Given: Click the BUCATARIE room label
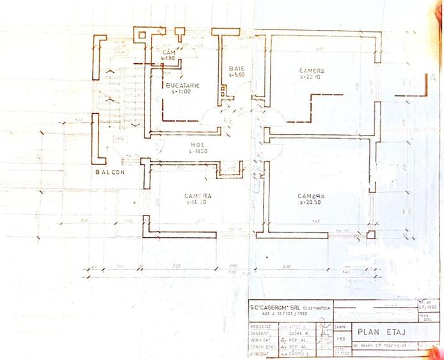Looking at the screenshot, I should tap(178, 84).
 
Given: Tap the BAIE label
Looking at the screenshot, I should tap(237, 68).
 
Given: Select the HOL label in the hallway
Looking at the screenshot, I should tap(196, 145).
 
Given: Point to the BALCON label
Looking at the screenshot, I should tap(110, 173).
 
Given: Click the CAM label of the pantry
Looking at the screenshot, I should tap(169, 51).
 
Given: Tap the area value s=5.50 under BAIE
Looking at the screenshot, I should tap(237, 75).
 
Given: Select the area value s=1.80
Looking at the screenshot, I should tap(168, 58).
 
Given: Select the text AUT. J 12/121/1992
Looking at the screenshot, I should tap(280, 313).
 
